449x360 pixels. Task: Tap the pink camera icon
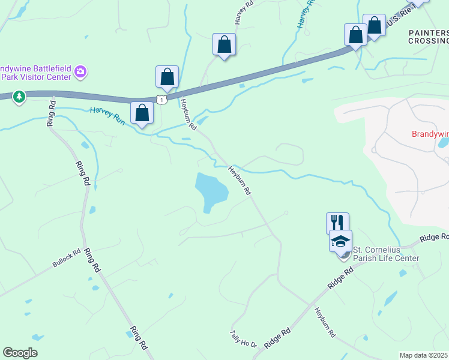(x=80, y=73)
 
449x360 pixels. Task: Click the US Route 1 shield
(x=161, y=100)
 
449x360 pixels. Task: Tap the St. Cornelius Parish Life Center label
(x=385, y=254)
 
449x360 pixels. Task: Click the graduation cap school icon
(x=341, y=241)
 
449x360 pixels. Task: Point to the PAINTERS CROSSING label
(x=428, y=37)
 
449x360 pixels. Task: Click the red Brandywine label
(x=429, y=134)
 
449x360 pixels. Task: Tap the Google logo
(x=20, y=353)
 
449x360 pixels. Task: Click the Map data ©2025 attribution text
(x=424, y=355)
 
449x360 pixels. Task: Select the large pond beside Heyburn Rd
(x=211, y=190)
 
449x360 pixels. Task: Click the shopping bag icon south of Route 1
(x=142, y=113)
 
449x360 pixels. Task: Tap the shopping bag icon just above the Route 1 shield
(x=167, y=77)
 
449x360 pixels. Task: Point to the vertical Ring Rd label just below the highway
(x=51, y=112)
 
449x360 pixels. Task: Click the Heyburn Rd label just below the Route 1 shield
(x=187, y=115)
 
